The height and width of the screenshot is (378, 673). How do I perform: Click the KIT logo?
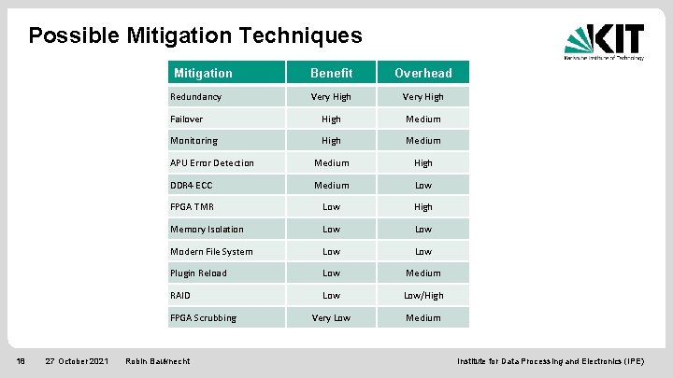[x=604, y=41]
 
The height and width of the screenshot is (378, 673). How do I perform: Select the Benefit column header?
[x=331, y=73]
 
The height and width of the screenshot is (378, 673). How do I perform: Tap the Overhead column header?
[x=422, y=73]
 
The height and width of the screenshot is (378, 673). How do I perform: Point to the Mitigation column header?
[x=203, y=73]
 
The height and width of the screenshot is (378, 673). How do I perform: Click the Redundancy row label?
[x=196, y=96]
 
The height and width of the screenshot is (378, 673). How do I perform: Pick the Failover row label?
[x=187, y=119]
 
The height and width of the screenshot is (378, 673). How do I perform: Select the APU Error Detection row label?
[x=212, y=163]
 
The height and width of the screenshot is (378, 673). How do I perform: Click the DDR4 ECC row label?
[x=192, y=185]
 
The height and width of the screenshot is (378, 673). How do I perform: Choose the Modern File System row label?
[x=211, y=251]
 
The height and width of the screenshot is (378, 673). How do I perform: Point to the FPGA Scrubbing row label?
[x=203, y=317]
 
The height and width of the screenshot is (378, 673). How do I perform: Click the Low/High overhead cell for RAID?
[x=422, y=295]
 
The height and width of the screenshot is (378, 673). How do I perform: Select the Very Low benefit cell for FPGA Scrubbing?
[x=331, y=317]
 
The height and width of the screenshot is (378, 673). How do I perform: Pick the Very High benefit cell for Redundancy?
[x=331, y=96]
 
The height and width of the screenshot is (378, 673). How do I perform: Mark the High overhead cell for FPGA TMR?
[x=422, y=207]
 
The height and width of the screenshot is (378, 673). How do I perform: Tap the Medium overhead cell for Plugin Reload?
[x=422, y=273]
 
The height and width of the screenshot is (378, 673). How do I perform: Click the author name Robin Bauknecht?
[x=157, y=360]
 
